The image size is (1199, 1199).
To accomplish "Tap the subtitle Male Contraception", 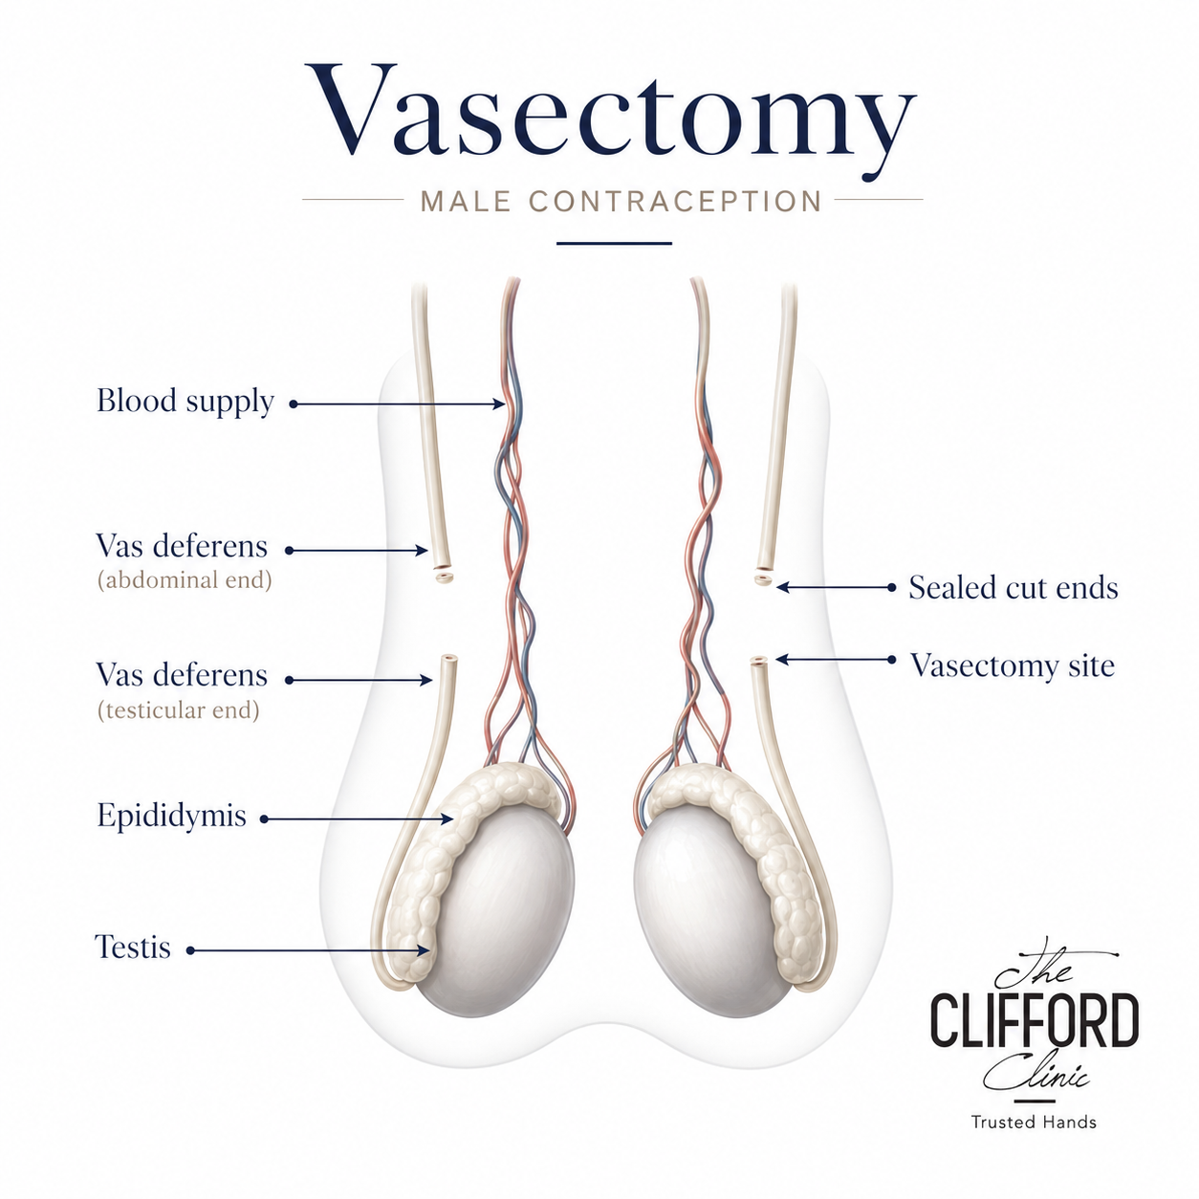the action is pos(621,202).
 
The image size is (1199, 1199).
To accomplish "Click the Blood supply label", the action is pos(185,402).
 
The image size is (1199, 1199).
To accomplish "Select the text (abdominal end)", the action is pos(185,580).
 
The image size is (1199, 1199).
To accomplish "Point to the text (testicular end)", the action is pos(178,710).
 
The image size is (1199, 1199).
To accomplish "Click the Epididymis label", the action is pos(172,815).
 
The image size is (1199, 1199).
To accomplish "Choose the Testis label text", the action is pos(133,947).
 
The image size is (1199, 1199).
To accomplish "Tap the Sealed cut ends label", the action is pos(1013,587).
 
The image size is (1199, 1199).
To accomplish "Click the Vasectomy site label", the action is pos(1013,665).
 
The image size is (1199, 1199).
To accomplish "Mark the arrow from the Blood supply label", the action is pos(398,404).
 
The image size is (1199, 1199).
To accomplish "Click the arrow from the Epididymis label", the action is pos(357,819).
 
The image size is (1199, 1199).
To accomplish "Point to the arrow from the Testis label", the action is pos(309,950).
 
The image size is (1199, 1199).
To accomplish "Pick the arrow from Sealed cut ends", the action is pos(836,587).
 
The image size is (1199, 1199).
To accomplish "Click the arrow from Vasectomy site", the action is pos(836,660).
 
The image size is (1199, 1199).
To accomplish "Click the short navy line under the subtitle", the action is pos(614,243).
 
